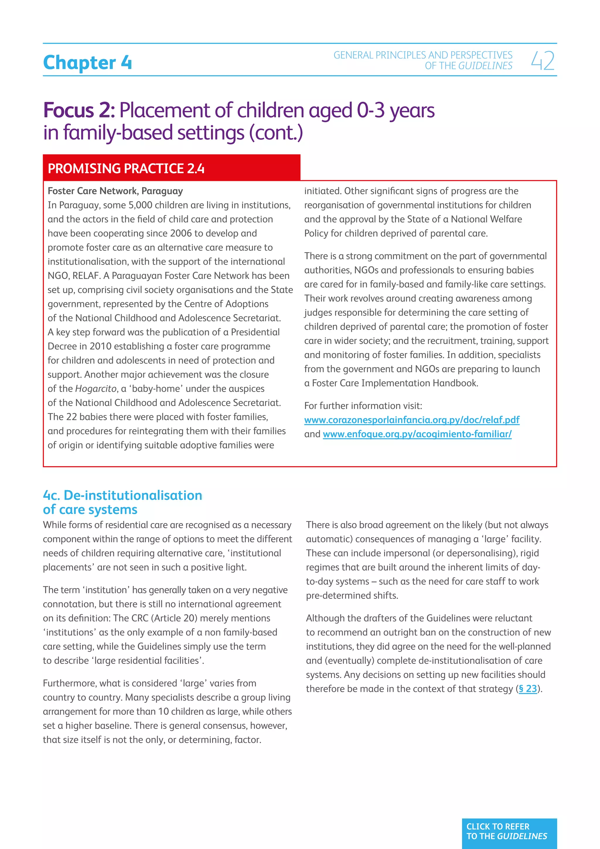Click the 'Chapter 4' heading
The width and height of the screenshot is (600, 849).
pos(87,62)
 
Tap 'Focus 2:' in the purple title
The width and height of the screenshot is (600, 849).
pos(79,110)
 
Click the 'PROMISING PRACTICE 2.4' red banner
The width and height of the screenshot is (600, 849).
pos(126,169)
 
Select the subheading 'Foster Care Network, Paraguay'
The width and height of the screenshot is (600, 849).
pos(115,191)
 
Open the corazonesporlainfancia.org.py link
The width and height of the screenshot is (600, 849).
pos(412,420)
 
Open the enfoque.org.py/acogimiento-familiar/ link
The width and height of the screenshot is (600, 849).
pos(417,434)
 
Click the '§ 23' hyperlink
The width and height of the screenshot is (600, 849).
pos(528,689)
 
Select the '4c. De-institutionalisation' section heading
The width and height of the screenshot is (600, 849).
pos(122,495)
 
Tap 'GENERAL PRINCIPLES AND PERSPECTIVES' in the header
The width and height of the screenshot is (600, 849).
pos(423,55)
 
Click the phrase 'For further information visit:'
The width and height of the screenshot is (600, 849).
pos(363,406)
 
